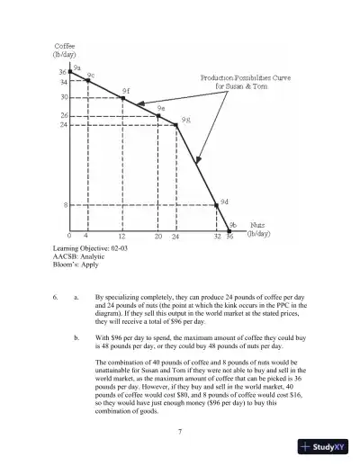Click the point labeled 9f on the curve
point(122,97)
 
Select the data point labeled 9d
point(217,205)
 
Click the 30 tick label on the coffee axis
point(64,96)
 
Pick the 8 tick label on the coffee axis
point(66,205)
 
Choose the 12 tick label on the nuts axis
point(121,237)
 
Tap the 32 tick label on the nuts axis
point(216,237)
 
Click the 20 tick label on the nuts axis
point(158,237)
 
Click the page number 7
point(181,433)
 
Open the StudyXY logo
point(326,445)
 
